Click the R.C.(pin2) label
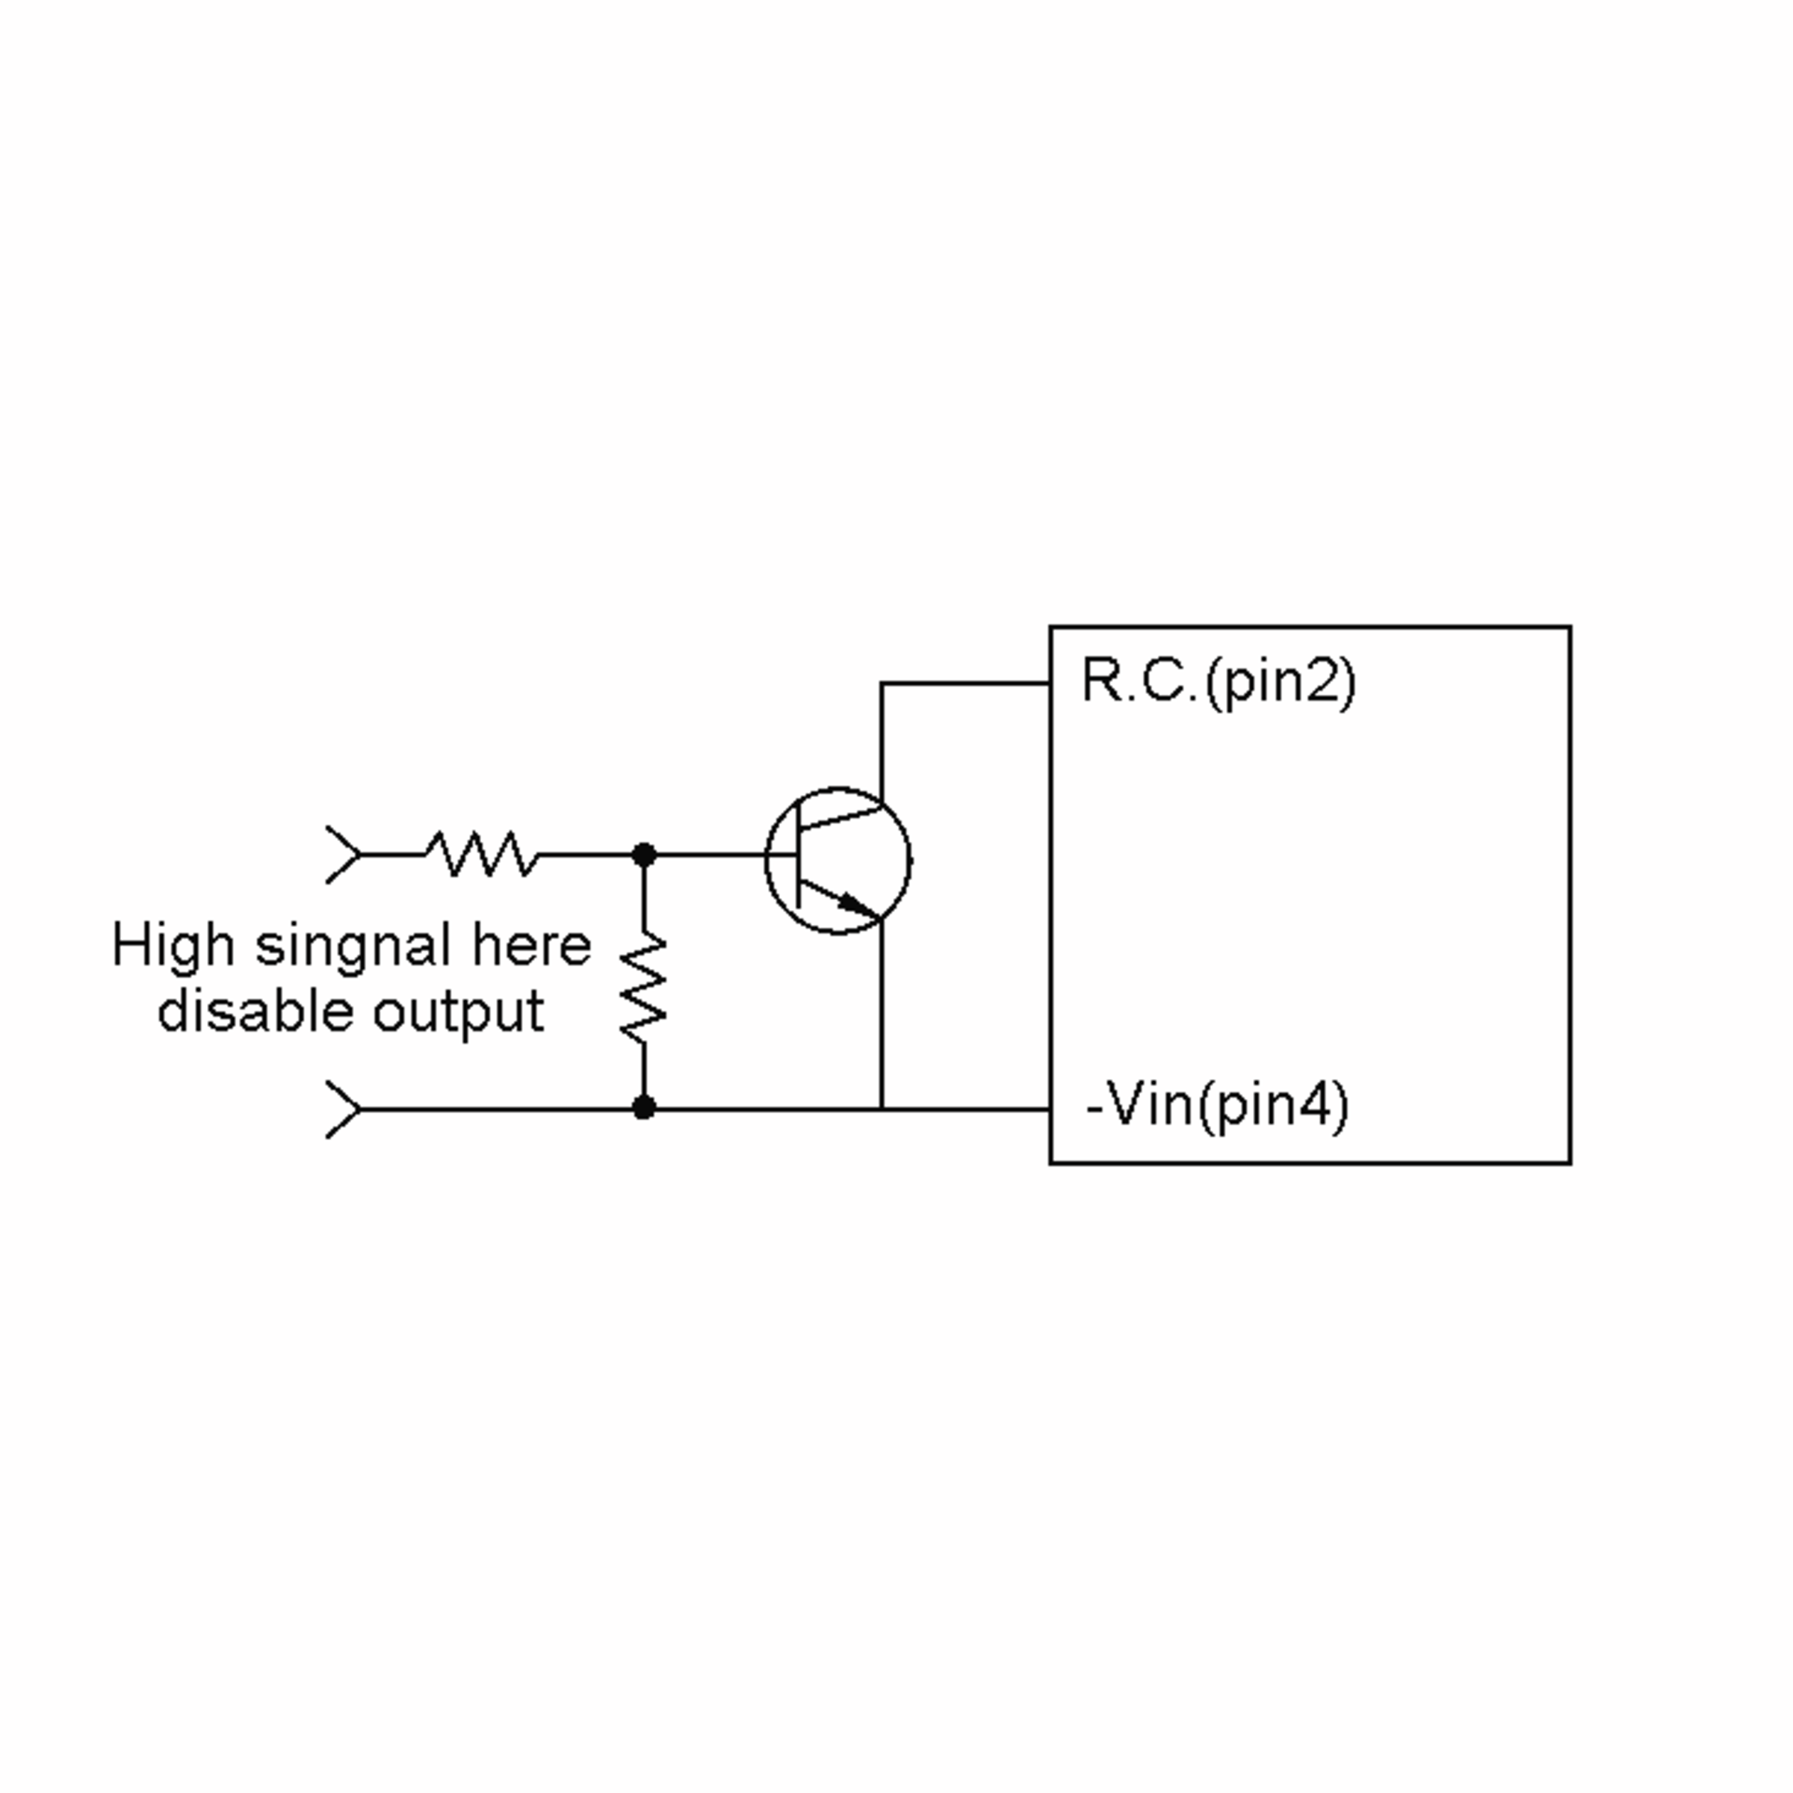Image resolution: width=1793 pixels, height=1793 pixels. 1218,683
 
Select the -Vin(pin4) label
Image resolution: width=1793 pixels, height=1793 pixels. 1217,1106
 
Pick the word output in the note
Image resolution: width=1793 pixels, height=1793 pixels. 459,1015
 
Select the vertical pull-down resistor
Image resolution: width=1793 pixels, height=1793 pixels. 643,988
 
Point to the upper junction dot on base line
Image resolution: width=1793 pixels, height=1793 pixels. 643,854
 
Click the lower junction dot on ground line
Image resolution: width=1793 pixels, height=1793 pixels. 643,1107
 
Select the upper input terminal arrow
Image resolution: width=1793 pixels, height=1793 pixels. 344,854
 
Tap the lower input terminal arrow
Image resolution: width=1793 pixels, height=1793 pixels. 344,1108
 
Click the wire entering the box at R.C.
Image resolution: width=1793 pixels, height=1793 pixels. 965,684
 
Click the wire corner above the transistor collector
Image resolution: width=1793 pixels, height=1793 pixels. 881,684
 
